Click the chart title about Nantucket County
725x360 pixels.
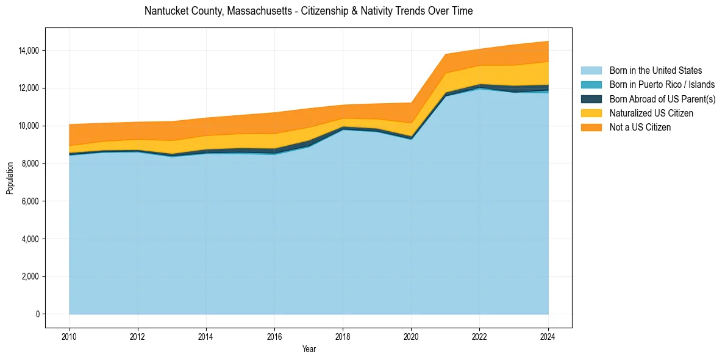[309, 11]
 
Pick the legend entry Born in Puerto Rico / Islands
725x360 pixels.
[662, 85]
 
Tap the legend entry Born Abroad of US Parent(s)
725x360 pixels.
[662, 99]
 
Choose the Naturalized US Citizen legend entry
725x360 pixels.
[651, 113]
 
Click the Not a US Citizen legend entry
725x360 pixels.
[640, 128]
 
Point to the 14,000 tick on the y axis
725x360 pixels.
[29, 50]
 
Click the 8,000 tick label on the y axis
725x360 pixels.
[31, 164]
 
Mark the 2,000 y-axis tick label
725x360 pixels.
[31, 276]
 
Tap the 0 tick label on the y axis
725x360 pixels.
[38, 314]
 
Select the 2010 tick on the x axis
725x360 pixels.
[70, 336]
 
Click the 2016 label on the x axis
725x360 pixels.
[274, 336]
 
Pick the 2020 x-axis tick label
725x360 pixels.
[412, 336]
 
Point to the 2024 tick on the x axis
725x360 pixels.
[548, 336]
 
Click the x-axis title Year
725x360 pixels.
[309, 349]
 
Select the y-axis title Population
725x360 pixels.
[10, 178]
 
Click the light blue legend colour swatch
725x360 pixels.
[591, 71]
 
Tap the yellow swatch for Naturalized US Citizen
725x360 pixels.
[591, 113]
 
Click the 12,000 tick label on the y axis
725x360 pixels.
[29, 88]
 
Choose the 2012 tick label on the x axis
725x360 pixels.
[138, 336]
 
